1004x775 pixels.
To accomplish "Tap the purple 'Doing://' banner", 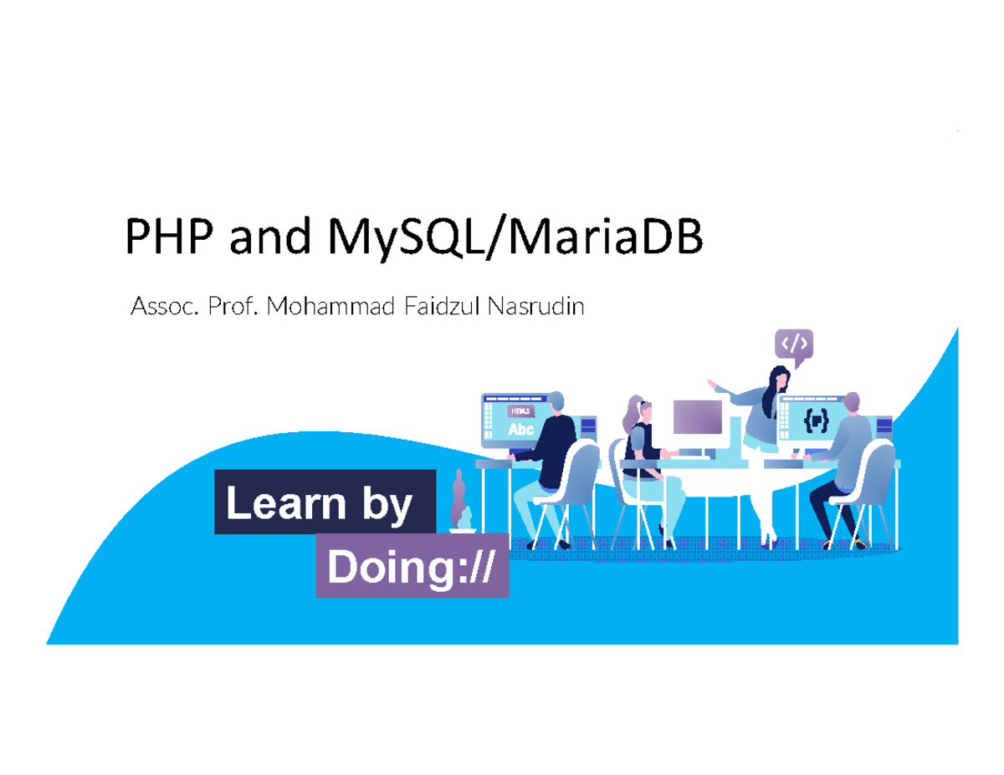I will click(x=412, y=568).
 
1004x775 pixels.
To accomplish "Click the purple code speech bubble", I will click(x=794, y=344).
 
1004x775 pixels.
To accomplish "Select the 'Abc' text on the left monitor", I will click(x=520, y=430).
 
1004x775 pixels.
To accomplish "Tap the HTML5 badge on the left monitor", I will click(x=520, y=411).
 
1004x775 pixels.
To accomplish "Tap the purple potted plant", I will click(x=459, y=502).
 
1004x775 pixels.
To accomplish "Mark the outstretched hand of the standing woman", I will click(x=713, y=385).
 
